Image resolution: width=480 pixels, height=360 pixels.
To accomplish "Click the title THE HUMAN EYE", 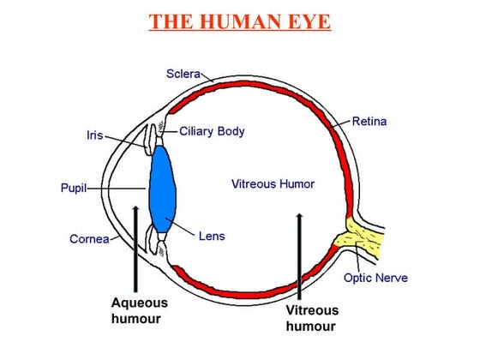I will click(x=239, y=21).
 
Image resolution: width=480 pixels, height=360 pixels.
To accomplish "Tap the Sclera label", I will click(x=183, y=74).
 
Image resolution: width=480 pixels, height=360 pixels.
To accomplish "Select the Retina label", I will click(x=369, y=121).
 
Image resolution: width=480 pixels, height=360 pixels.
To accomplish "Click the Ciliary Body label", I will click(x=213, y=131).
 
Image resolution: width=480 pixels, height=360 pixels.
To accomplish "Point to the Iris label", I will click(x=94, y=135).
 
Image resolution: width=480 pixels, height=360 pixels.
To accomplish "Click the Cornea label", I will click(x=89, y=238).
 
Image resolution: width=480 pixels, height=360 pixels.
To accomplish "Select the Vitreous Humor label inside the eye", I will click(x=273, y=183).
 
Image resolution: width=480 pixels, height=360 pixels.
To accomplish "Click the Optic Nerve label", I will click(x=375, y=278).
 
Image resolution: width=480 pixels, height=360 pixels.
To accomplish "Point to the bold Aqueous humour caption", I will click(x=139, y=310).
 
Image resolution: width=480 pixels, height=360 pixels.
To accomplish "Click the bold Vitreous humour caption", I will click(x=312, y=318).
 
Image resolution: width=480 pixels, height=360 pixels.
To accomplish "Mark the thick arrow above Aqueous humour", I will click(x=135, y=249).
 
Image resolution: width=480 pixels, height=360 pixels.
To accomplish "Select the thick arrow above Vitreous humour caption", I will click(x=299, y=257).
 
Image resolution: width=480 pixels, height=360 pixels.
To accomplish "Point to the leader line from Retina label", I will click(x=340, y=124).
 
